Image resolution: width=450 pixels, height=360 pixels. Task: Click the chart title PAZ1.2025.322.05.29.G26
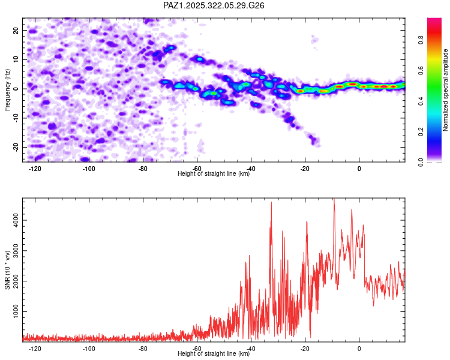[x=214, y=5]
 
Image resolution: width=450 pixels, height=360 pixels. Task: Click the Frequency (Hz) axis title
[x=8, y=89]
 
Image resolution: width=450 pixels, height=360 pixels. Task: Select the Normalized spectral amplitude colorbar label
[x=446, y=90]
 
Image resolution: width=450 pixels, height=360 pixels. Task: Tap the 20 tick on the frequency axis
[x=17, y=30]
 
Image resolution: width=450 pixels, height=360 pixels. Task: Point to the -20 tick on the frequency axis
[x=16, y=147]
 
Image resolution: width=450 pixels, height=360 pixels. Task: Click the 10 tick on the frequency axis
[x=17, y=59]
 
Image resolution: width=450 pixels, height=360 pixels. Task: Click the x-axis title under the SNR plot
[x=214, y=354]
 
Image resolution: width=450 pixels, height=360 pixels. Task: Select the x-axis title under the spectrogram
[x=214, y=174]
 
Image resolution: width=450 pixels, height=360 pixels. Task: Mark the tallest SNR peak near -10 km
[x=334, y=200]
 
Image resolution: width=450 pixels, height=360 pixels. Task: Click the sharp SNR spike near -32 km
[x=271, y=203]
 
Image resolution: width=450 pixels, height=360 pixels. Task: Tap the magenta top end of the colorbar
[x=434, y=20]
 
